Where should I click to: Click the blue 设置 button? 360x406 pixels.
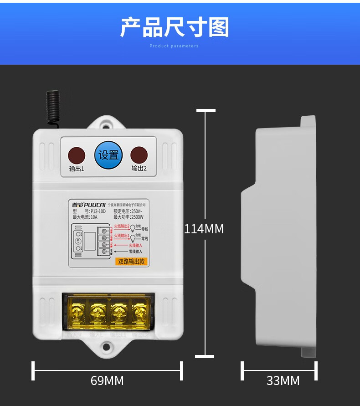(108, 155)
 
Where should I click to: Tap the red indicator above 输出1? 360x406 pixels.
(77, 155)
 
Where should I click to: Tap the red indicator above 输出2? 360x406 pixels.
(139, 155)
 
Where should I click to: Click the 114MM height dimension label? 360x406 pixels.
(204, 229)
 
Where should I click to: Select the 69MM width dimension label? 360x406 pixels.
(107, 380)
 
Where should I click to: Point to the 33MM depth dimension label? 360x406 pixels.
(283, 380)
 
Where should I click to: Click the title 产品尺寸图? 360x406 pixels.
(174, 28)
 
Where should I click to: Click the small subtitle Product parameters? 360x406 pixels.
(174, 46)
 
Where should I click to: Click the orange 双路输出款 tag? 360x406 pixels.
(131, 262)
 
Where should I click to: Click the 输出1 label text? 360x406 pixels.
(77, 169)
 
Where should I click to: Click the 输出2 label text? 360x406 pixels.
(139, 168)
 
